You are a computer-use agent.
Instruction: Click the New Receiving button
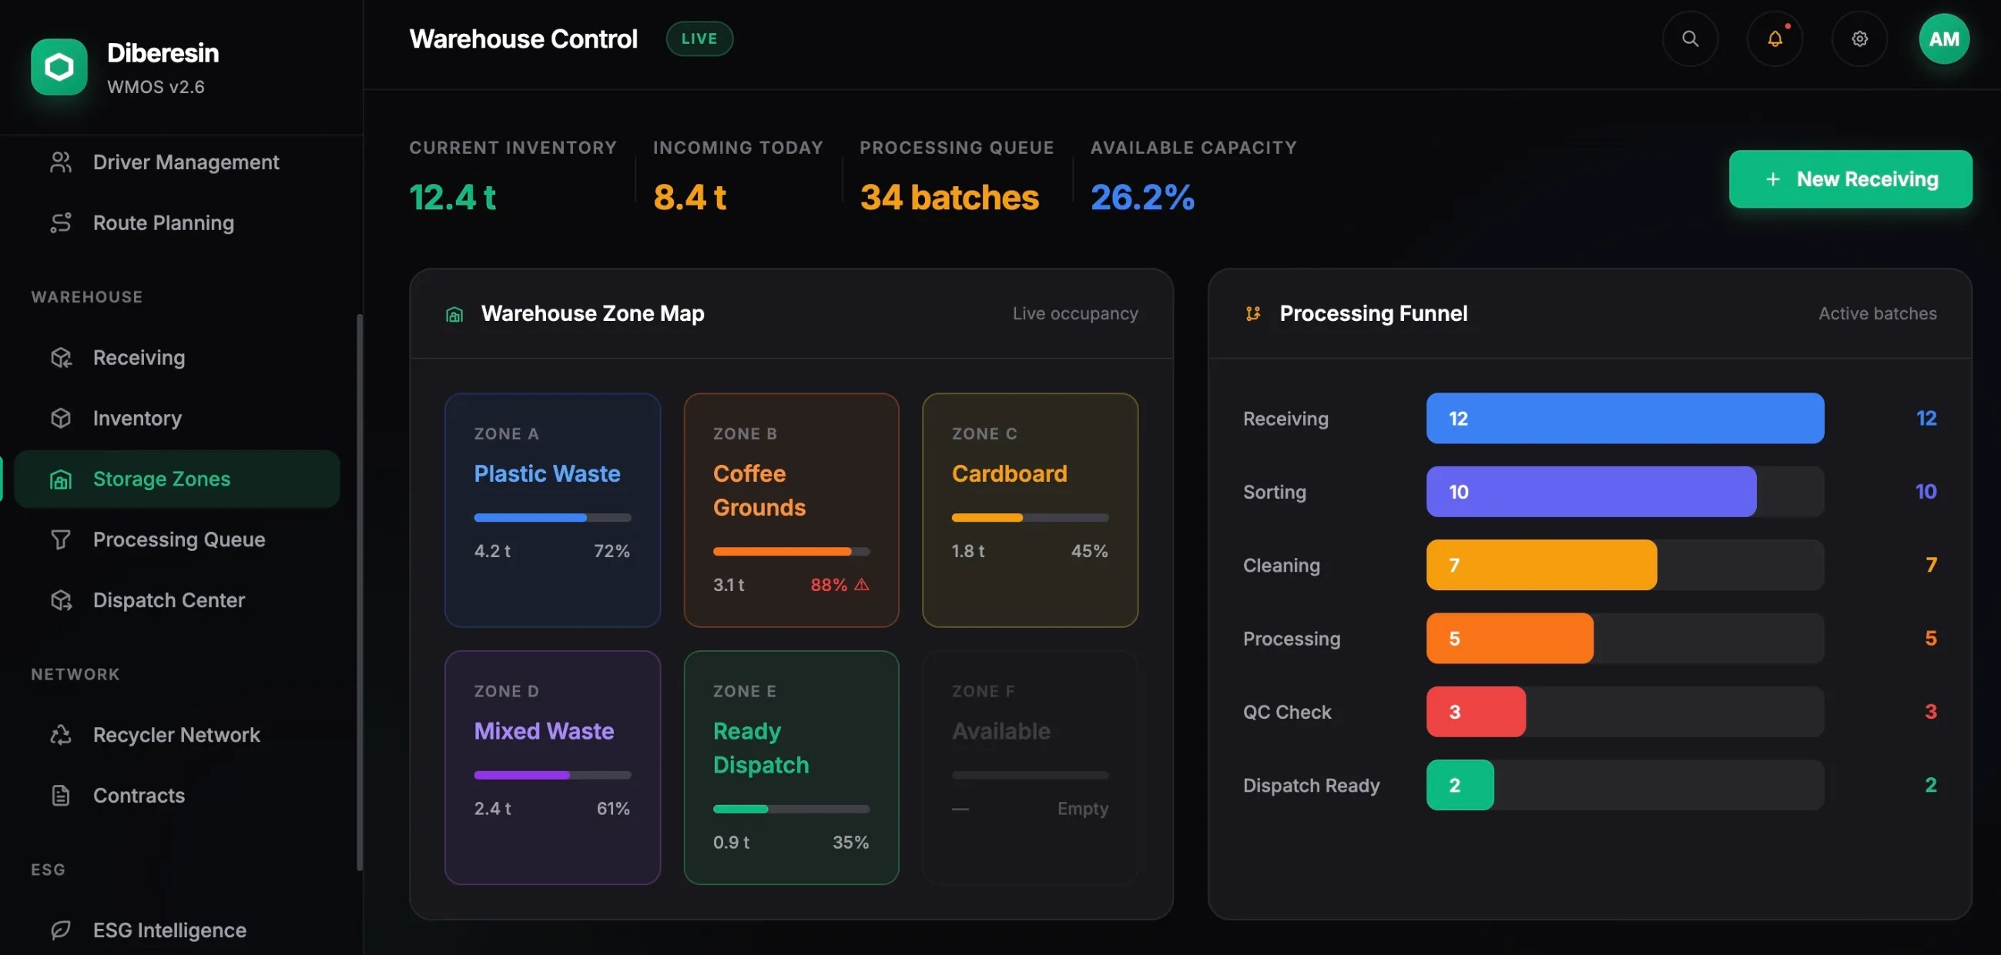tap(1849, 179)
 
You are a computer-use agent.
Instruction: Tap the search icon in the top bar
tap(1690, 38)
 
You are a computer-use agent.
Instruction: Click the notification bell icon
tap(1775, 38)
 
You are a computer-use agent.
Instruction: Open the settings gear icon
tap(1859, 38)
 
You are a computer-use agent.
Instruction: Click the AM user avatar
tap(1943, 38)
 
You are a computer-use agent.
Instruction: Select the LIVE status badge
tap(699, 38)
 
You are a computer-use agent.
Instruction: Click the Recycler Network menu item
tap(177, 734)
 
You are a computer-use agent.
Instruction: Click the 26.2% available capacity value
tap(1143, 197)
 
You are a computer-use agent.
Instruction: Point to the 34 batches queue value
tap(949, 197)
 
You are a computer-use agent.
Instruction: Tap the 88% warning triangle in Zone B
tap(861, 585)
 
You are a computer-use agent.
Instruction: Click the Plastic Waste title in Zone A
tap(547, 473)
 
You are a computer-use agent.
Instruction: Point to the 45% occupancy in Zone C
tap(1089, 551)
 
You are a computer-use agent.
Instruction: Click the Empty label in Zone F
tap(1083, 809)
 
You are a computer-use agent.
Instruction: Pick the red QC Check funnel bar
tap(1476, 712)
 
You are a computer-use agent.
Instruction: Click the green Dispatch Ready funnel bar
tap(1460, 785)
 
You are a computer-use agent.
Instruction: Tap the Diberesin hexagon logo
tap(59, 68)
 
